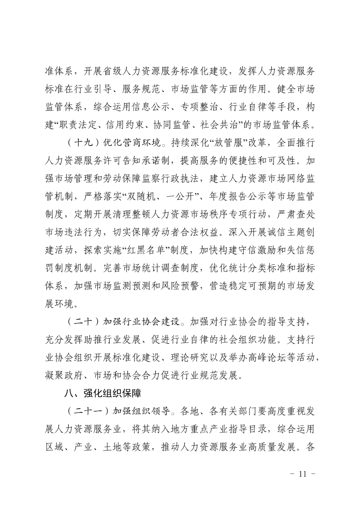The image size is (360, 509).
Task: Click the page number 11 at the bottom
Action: [x=303, y=474]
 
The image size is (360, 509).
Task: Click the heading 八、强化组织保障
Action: [x=103, y=393]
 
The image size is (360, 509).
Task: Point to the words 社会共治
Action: [x=219, y=125]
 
